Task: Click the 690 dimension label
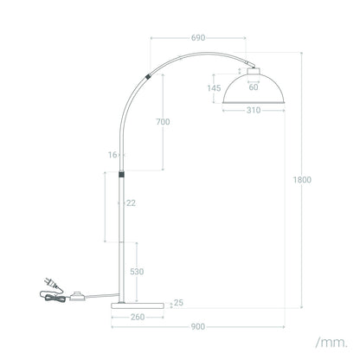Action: pyautogui.click(x=198, y=38)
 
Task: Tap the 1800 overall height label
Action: pyautogui.click(x=302, y=180)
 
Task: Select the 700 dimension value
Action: pyautogui.click(x=163, y=122)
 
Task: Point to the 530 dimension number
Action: pyautogui.click(x=137, y=272)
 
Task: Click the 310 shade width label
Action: pyautogui.click(x=254, y=110)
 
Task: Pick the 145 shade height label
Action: pyautogui.click(x=214, y=88)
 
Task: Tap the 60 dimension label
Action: pyautogui.click(x=254, y=87)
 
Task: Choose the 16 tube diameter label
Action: pyautogui.click(x=112, y=155)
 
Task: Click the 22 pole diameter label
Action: pyautogui.click(x=131, y=203)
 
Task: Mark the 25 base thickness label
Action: pyautogui.click(x=178, y=303)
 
